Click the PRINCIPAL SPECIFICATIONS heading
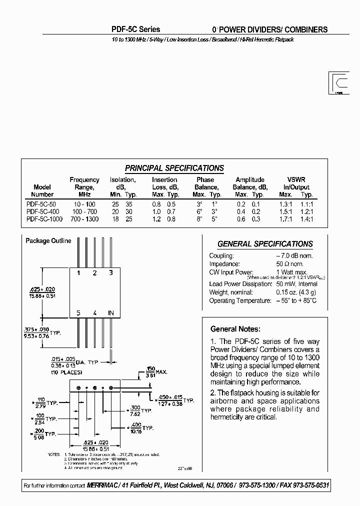coord(174,168)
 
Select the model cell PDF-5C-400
coord(42,211)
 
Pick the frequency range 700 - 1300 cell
coord(84,219)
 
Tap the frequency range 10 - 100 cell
coord(84,204)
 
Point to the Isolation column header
coord(123,179)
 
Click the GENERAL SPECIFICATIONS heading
coord(265,244)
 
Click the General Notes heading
coord(235,329)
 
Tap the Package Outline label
coord(48,241)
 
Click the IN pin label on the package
coord(111,313)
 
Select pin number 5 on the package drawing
coord(78,313)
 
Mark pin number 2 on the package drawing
coord(95,272)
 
